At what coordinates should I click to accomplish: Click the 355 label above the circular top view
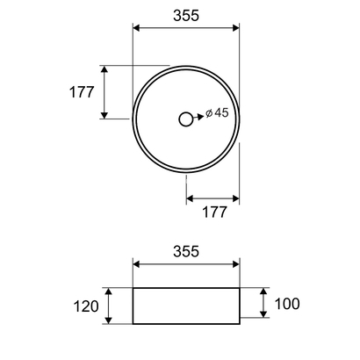click(185, 14)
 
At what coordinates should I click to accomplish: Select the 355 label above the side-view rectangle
click(185, 251)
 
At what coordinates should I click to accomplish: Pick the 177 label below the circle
click(213, 212)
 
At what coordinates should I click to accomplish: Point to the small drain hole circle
click(185, 119)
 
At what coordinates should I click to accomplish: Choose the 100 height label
click(287, 304)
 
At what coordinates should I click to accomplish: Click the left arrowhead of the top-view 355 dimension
click(136, 29)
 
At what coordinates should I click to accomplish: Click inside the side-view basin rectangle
click(185, 305)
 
